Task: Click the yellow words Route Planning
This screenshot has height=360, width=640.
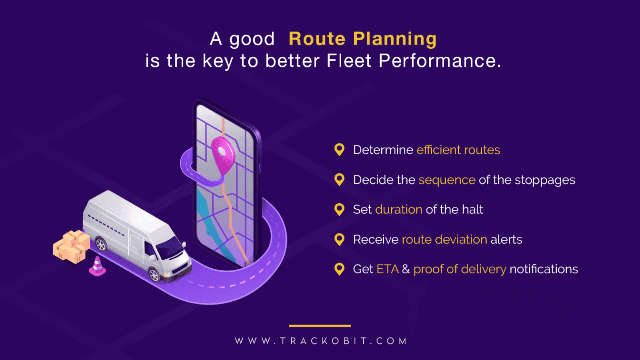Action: (x=362, y=39)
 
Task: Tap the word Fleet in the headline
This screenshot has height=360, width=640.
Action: (x=349, y=61)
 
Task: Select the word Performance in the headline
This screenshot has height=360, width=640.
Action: (x=439, y=61)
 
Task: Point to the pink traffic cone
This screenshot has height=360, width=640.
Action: (x=97, y=267)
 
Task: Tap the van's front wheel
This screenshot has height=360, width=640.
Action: (x=154, y=275)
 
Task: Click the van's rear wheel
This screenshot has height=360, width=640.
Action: (x=101, y=244)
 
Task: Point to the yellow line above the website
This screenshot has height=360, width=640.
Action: (x=320, y=325)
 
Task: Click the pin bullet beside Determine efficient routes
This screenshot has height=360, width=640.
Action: (x=340, y=150)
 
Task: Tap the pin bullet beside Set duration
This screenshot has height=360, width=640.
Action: (x=340, y=209)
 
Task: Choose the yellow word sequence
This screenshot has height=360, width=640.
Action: (x=447, y=180)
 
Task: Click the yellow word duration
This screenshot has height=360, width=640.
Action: (x=399, y=209)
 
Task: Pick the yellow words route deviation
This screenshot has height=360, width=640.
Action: (x=444, y=240)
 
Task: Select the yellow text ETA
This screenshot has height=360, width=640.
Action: (x=387, y=269)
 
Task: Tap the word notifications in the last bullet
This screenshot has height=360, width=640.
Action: (x=544, y=269)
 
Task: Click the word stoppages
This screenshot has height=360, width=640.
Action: (x=545, y=180)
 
